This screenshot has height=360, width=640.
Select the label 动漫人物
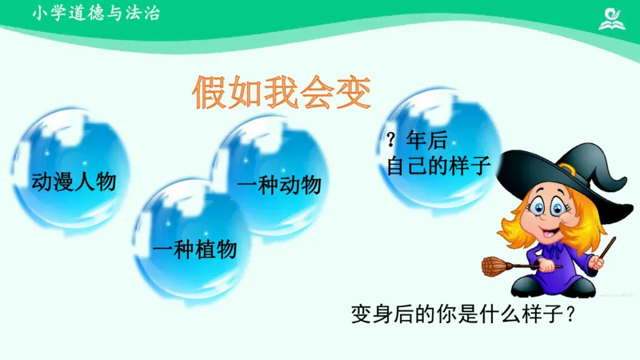coord(74,182)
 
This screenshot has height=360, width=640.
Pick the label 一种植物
coord(194,250)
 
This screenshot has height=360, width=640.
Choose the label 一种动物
coord(279,185)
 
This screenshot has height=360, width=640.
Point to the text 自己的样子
coord(438,166)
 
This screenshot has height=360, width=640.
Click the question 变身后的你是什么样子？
coord(464,314)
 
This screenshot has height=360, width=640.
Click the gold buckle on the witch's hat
coord(567,169)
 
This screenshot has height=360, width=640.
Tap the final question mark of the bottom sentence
coord(570,314)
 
